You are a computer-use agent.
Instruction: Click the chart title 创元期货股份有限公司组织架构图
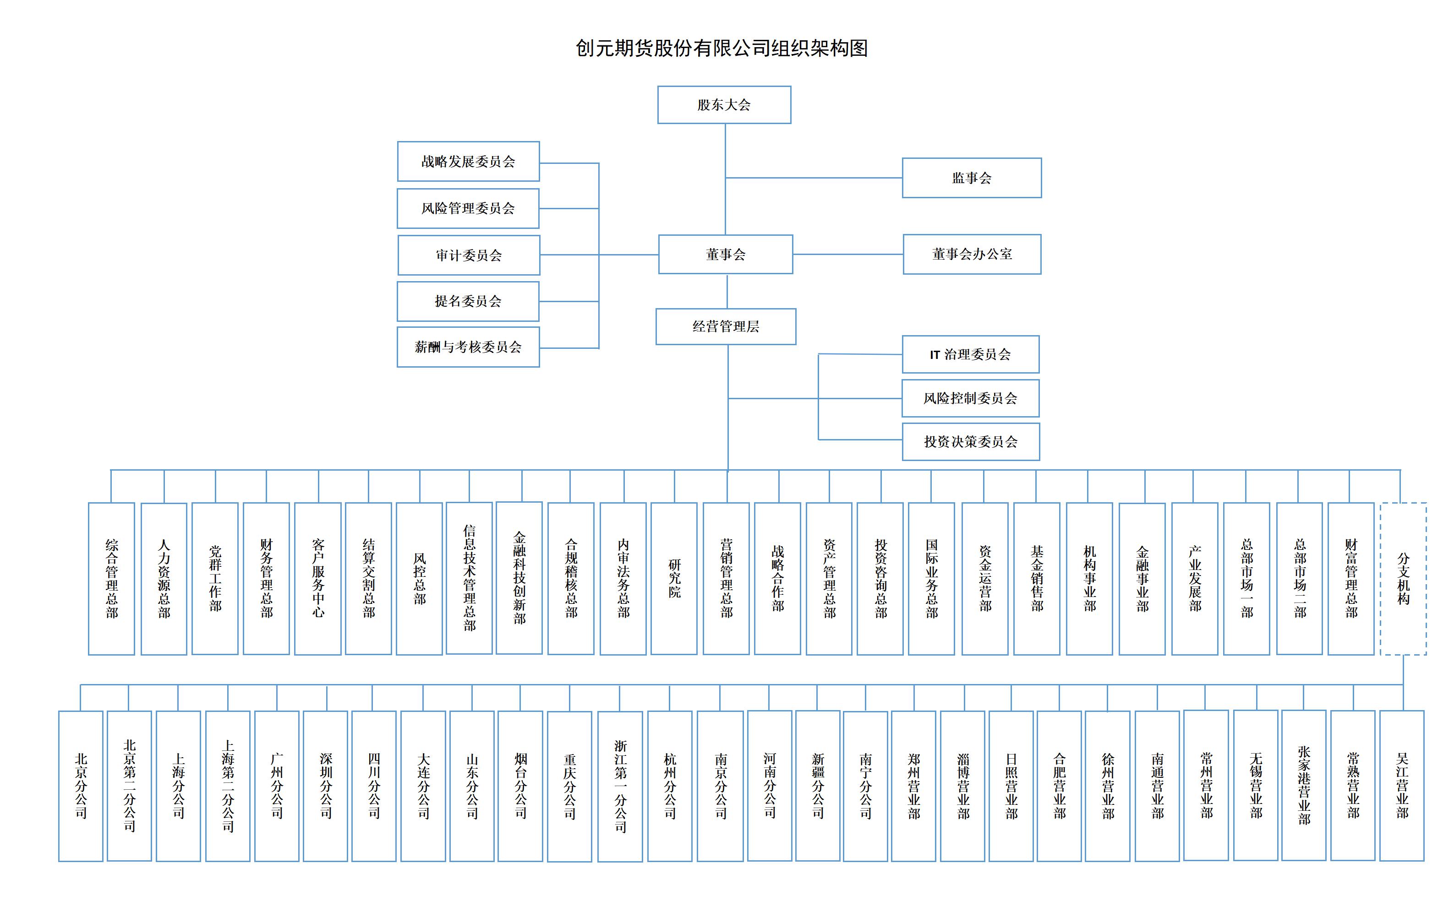[722, 48]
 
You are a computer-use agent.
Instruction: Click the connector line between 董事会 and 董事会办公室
[848, 255]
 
